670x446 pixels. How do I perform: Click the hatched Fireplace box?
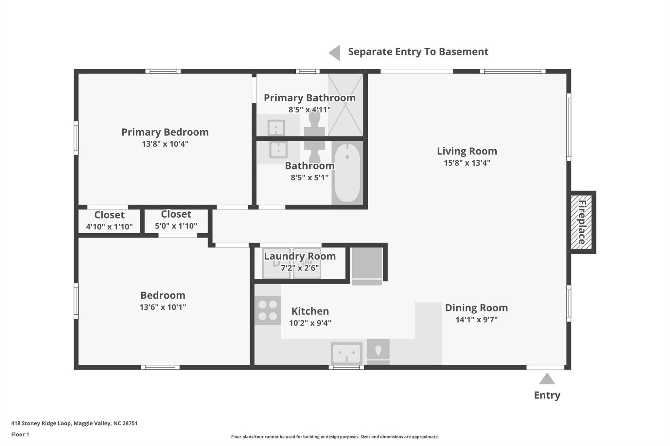point(581,222)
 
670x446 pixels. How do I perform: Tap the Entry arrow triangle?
point(547,379)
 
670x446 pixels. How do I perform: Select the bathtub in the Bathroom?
point(347,173)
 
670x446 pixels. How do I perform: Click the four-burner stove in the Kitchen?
point(268,310)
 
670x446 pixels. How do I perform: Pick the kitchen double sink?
point(346,353)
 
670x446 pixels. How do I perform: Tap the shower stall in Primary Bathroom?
point(345,105)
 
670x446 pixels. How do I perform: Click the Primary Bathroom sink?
point(276,127)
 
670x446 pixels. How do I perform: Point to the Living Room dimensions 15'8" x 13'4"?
point(467,163)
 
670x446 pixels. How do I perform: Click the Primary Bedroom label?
point(165,132)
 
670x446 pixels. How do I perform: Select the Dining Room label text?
point(476,308)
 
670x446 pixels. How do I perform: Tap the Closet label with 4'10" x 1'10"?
point(109,215)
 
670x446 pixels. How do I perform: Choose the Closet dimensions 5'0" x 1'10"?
point(176,226)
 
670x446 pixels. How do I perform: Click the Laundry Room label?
point(300,256)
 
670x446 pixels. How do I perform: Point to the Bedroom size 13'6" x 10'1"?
point(163,307)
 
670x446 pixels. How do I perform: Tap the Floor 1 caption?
point(20,435)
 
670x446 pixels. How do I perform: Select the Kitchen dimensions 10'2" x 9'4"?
point(310,323)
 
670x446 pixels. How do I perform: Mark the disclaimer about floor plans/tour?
point(335,437)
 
